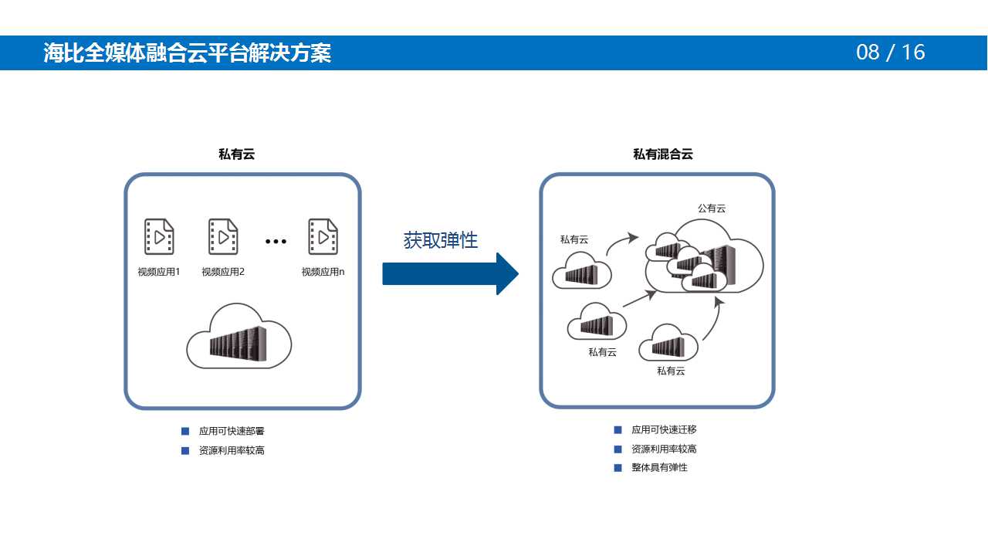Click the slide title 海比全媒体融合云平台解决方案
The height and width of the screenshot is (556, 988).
[188, 53]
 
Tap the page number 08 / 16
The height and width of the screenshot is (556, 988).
[890, 53]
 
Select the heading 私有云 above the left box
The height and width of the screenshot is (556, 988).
[236, 154]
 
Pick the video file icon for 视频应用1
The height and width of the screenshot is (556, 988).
[159, 237]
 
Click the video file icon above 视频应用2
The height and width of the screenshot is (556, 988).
[223, 237]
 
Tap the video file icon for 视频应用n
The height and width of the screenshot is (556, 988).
[323, 237]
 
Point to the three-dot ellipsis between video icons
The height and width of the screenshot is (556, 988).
[276, 242]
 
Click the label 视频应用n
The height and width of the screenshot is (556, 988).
[323, 272]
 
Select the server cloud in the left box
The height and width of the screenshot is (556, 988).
[239, 337]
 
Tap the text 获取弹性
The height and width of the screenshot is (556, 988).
[441, 240]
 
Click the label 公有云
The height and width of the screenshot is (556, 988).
[712, 208]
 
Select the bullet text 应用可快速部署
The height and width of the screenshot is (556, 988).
[232, 431]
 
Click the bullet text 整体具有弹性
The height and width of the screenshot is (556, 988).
[659, 468]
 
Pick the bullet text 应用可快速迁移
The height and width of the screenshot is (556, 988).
[664, 430]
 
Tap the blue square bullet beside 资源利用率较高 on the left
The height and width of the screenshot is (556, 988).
[185, 450]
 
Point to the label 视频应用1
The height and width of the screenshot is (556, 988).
[159, 272]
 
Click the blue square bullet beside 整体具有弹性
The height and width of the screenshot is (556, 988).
[617, 468]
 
